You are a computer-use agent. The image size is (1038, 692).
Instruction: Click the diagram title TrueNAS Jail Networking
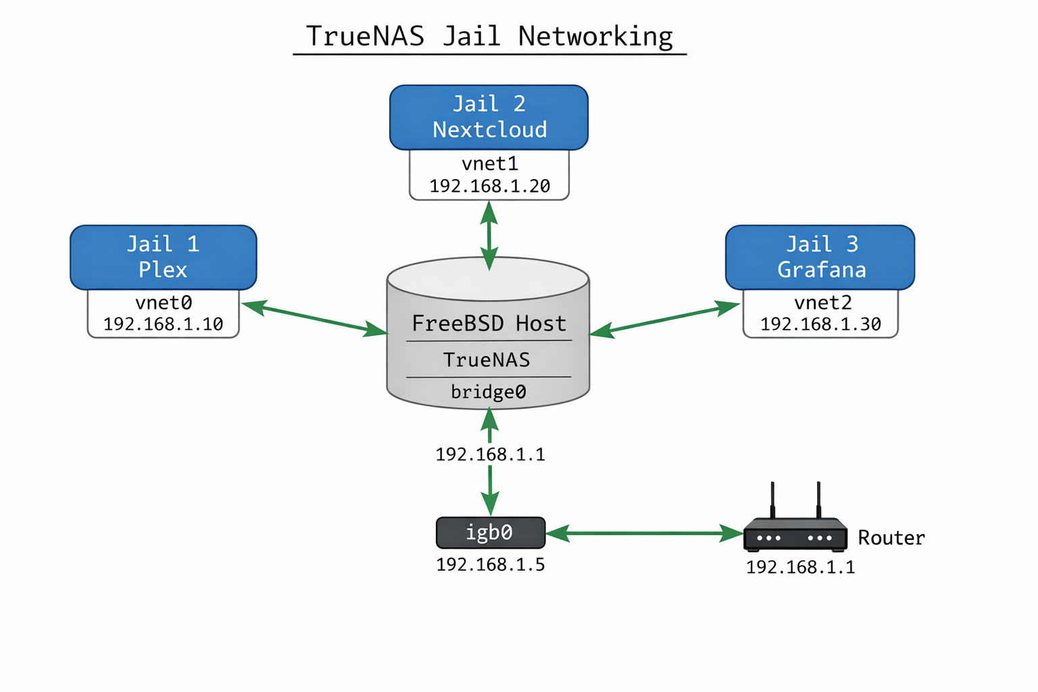tap(489, 36)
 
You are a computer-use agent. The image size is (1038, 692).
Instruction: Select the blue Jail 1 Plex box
tap(163, 257)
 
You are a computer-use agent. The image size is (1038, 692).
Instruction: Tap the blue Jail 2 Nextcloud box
tap(489, 117)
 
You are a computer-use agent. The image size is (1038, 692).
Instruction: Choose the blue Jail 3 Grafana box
tap(820, 257)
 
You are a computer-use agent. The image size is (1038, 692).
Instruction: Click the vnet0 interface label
tap(163, 302)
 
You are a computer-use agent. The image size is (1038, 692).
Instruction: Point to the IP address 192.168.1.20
tap(489, 186)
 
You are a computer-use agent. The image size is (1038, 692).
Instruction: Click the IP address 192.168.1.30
tap(820, 324)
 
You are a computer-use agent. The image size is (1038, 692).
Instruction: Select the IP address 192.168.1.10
tap(163, 324)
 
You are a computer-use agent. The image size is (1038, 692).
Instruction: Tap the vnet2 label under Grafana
tap(822, 302)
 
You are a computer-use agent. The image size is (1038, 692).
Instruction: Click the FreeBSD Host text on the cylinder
tap(489, 323)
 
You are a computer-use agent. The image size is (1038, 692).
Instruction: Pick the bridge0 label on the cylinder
tap(488, 392)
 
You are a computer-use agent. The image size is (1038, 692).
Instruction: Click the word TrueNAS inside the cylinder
tap(487, 360)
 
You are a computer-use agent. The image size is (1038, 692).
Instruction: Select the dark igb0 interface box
tap(490, 533)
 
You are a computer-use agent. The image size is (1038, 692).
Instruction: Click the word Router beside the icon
tap(891, 538)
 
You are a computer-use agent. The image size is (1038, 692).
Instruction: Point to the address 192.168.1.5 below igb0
tap(490, 564)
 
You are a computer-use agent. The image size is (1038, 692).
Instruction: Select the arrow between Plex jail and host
tap(314, 319)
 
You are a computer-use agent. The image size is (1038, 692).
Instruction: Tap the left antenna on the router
tap(772, 500)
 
